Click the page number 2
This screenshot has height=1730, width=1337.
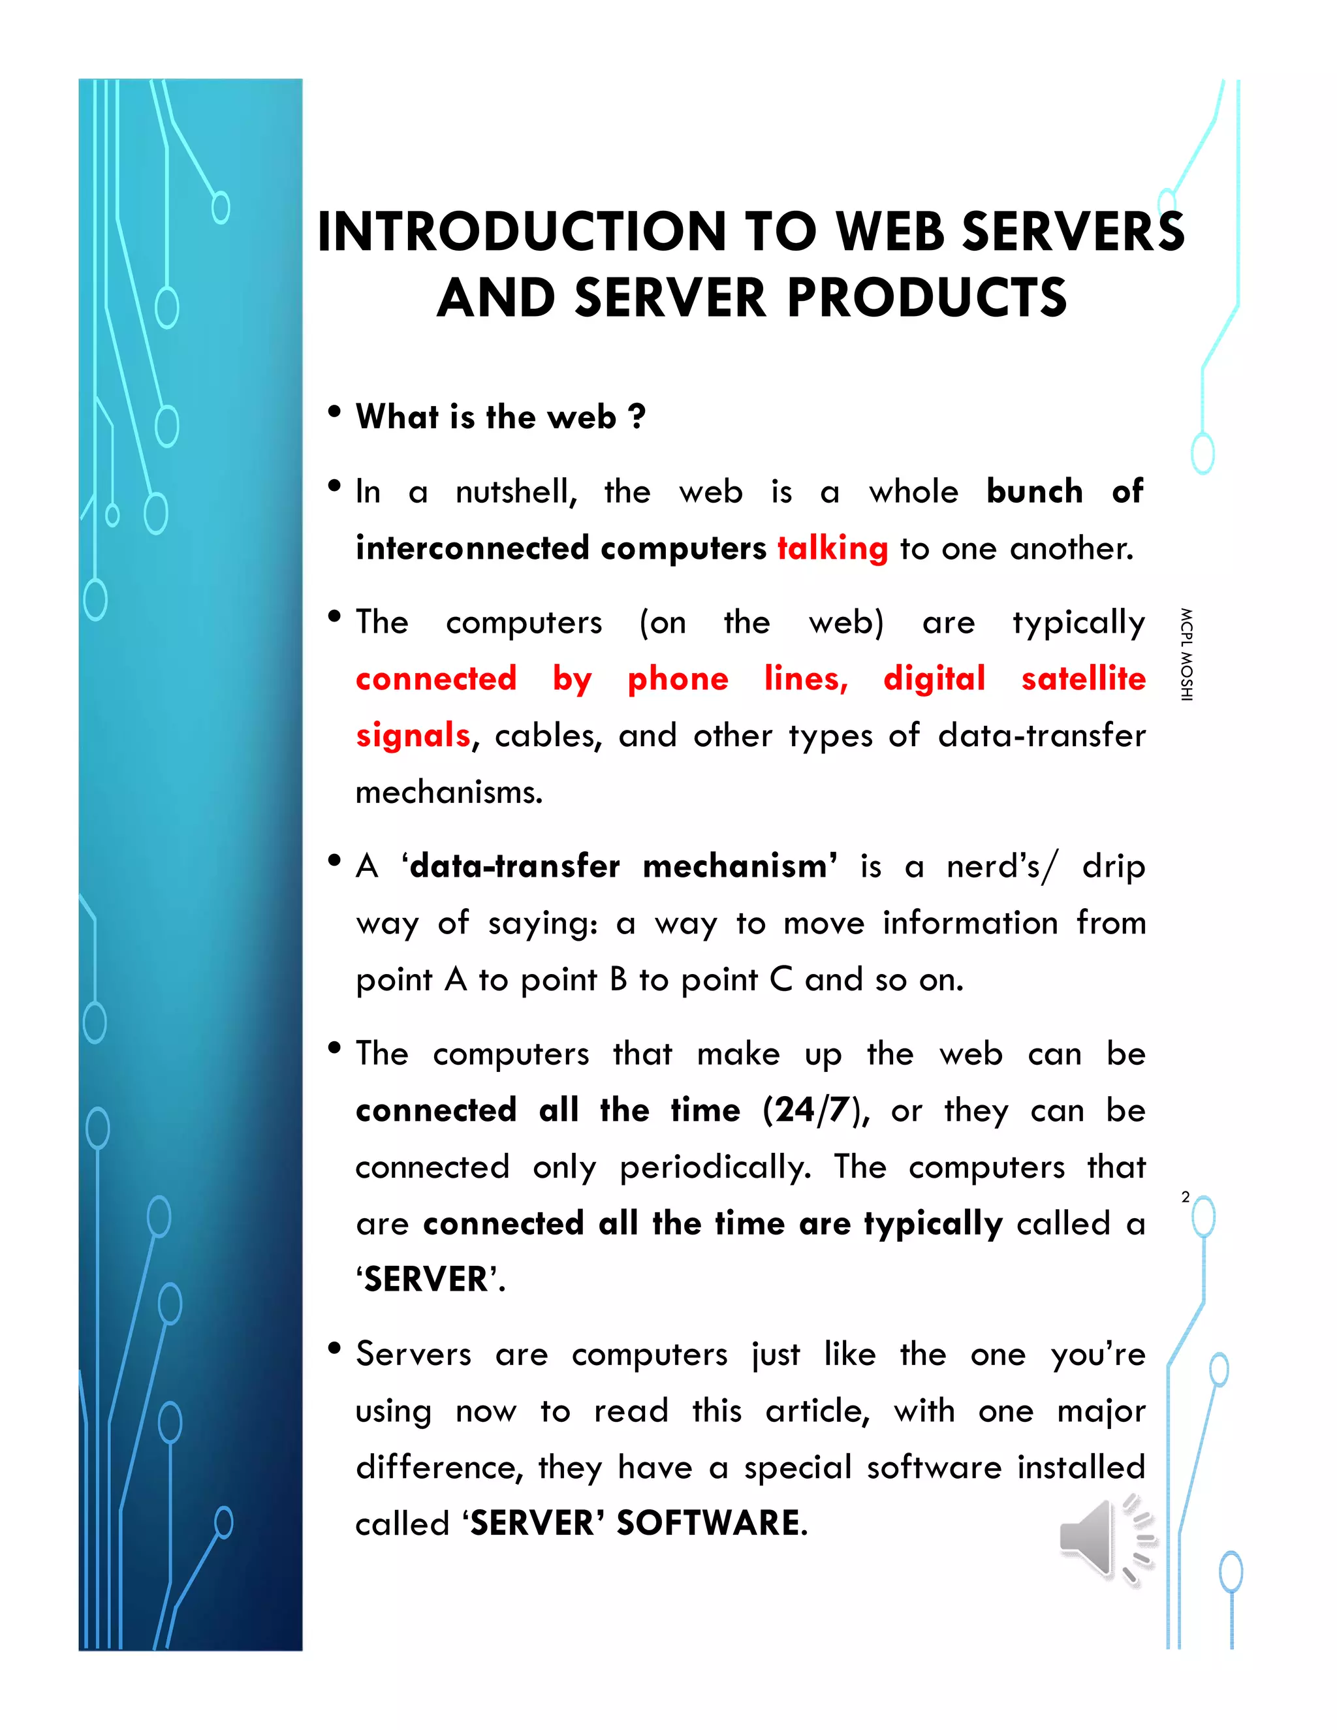(x=1185, y=1197)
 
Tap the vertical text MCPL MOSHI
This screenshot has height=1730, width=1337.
(x=1186, y=654)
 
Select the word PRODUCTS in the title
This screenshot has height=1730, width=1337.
(x=927, y=298)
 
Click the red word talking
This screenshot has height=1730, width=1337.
(x=832, y=548)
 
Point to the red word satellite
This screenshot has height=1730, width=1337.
(x=1083, y=679)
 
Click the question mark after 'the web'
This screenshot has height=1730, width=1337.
(x=637, y=417)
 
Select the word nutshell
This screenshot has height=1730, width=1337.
(x=516, y=492)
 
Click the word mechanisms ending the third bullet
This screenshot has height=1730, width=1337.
(x=448, y=792)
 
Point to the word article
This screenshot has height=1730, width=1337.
(x=816, y=1411)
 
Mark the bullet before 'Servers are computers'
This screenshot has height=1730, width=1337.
(x=334, y=1348)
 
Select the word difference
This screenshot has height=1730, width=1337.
(x=438, y=1467)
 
